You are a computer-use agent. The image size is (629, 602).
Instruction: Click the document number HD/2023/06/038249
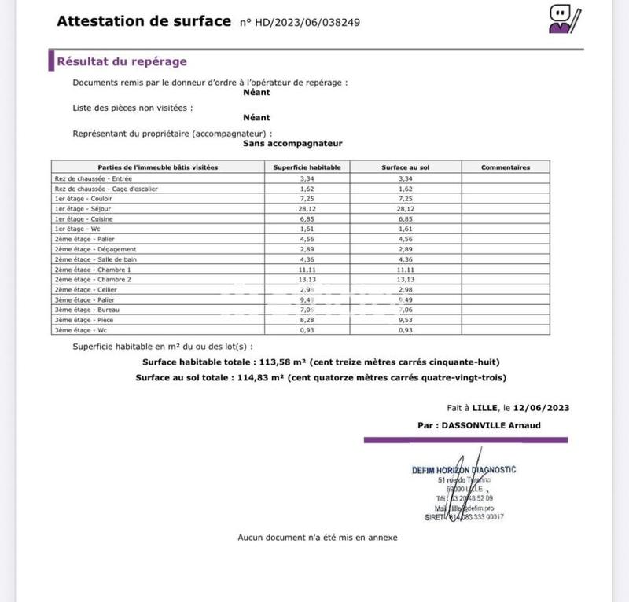click(300, 22)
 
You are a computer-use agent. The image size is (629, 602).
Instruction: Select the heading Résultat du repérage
click(121, 61)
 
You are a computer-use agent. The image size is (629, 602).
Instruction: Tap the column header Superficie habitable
click(307, 167)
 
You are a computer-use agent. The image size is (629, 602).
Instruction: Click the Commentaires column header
click(506, 167)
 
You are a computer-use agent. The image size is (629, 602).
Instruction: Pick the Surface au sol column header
click(406, 167)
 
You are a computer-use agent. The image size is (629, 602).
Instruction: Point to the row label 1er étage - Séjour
click(79, 210)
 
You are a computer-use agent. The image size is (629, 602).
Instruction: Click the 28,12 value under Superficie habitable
click(307, 210)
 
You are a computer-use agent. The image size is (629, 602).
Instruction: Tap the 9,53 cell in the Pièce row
click(406, 321)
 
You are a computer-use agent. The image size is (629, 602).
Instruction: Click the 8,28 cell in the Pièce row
click(307, 321)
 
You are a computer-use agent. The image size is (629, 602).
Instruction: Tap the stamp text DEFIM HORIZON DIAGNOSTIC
click(464, 470)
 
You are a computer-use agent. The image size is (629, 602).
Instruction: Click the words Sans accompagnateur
click(292, 144)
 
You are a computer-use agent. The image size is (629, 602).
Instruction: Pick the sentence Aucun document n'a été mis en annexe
click(318, 538)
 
